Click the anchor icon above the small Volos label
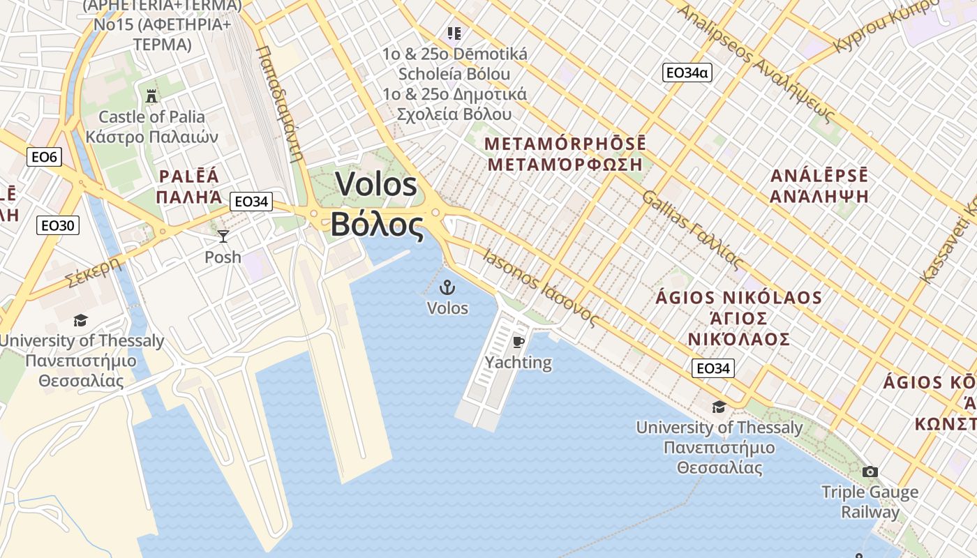[447, 287]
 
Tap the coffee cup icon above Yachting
[518, 342]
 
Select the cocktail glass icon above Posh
[223, 236]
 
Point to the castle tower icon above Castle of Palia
[151, 96]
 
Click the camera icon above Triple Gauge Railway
[870, 472]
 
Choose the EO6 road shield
[44, 157]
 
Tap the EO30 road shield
[59, 225]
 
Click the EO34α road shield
[687, 72]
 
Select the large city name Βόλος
[377, 225]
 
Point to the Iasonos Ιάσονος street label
[541, 287]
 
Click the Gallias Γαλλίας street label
[692, 230]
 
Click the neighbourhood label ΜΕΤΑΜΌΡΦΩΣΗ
[565, 165]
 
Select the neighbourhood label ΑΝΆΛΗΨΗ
[819, 196]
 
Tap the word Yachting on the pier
[519, 363]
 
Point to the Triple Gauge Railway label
[870, 502]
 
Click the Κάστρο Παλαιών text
[151, 136]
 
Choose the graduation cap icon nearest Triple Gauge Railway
[718, 407]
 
